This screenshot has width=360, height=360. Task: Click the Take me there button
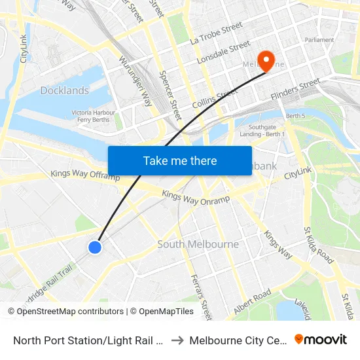pyautogui.click(x=180, y=160)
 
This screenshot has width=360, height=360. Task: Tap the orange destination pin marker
pyautogui.click(x=266, y=60)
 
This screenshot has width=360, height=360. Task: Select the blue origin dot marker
pyautogui.click(x=95, y=247)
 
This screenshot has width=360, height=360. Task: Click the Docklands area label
pyautogui.click(x=64, y=90)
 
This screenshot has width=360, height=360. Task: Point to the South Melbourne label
pyautogui.click(x=198, y=244)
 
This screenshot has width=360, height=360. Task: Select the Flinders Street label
pyautogui.click(x=295, y=89)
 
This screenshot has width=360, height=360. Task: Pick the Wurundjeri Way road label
pyautogui.click(x=135, y=81)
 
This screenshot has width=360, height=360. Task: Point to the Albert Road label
pyautogui.click(x=252, y=301)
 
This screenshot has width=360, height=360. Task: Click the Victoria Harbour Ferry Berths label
pyautogui.click(x=94, y=117)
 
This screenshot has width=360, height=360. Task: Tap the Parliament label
pyautogui.click(x=319, y=40)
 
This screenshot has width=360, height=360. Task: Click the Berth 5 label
pyautogui.click(x=296, y=116)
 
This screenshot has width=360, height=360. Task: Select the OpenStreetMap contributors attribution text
pyautogui.click(x=70, y=312)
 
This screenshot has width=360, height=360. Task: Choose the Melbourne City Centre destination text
pyautogui.click(x=236, y=340)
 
